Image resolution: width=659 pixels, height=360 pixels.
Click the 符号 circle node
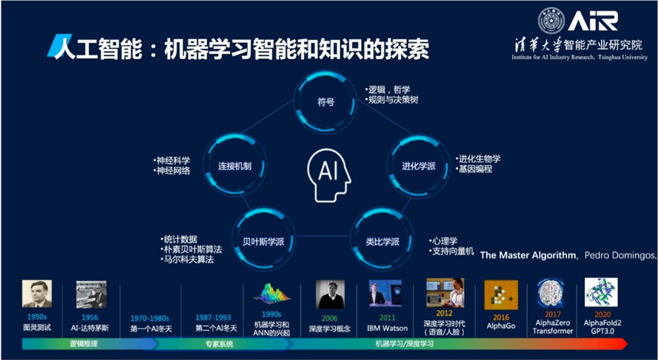click(x=326, y=102)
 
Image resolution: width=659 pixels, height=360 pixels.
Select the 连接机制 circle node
click(x=234, y=165)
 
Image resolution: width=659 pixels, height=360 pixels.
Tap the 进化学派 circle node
click(x=418, y=165)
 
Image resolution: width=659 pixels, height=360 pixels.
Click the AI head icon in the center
click(x=327, y=173)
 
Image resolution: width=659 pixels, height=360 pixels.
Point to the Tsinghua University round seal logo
click(x=551, y=21)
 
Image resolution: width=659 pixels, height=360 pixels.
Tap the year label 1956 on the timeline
click(x=90, y=317)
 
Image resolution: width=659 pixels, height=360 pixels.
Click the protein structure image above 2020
click(x=601, y=293)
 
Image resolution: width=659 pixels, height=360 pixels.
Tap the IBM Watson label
click(x=387, y=327)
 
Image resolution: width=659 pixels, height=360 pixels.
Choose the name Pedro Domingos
click(x=619, y=255)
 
